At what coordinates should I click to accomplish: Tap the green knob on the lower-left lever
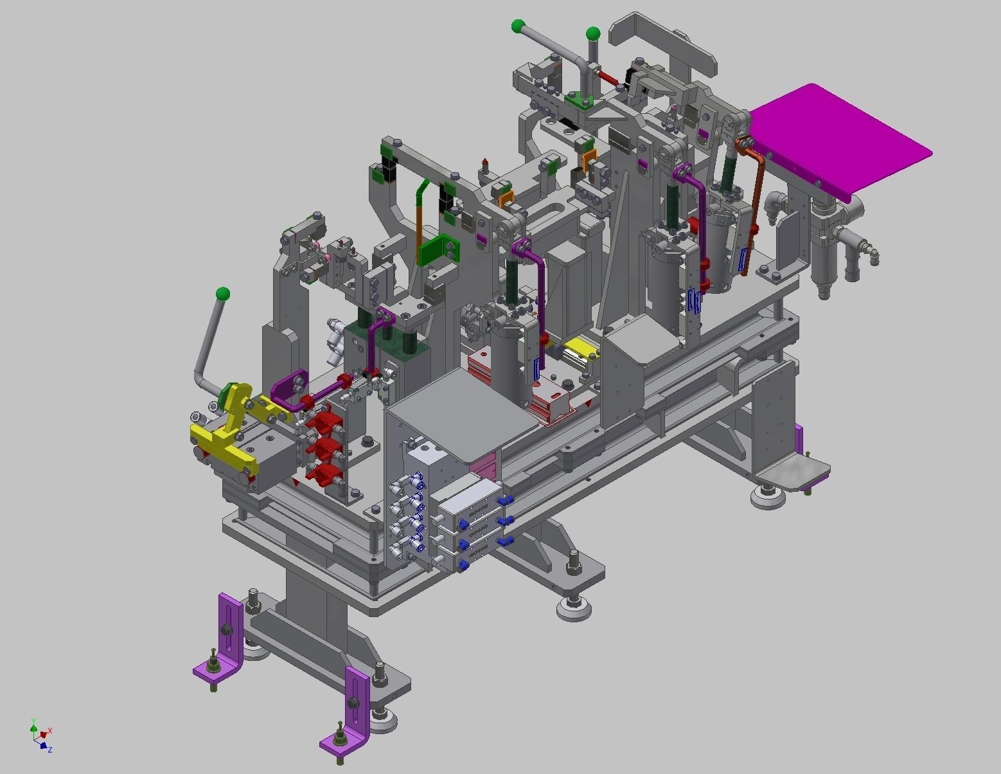(223, 295)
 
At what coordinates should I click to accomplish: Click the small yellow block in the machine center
(581, 349)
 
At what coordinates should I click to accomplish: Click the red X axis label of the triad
(50, 731)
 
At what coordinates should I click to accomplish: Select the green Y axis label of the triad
(33, 721)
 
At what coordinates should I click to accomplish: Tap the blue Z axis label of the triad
(49, 750)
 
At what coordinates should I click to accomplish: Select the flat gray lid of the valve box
(462, 411)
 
